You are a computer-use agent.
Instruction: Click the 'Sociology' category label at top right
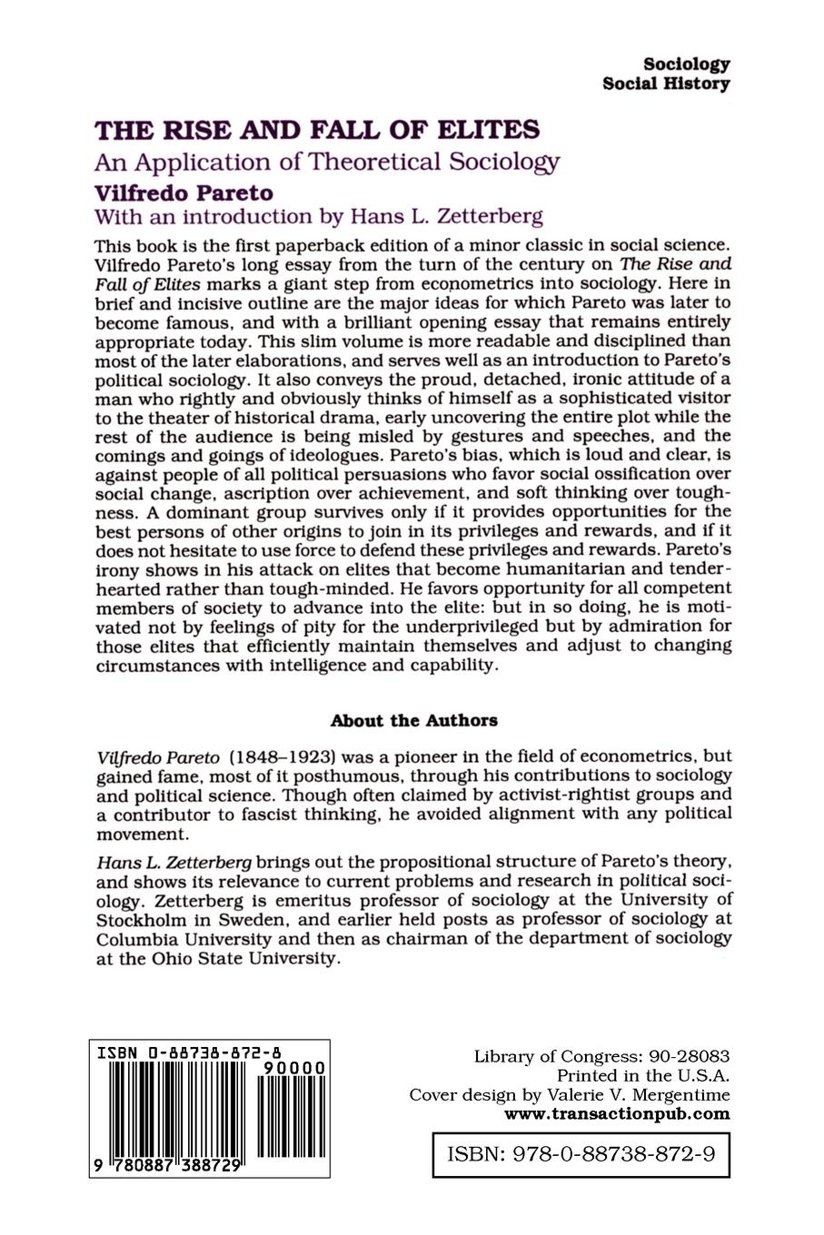click(x=686, y=64)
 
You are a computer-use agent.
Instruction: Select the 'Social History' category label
click(x=666, y=84)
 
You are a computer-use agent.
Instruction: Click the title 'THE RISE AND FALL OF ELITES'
click(x=317, y=131)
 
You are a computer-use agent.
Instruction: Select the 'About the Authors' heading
click(x=413, y=721)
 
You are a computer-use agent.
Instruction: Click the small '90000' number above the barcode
click(x=293, y=1071)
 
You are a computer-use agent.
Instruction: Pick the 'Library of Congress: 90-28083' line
click(x=601, y=1057)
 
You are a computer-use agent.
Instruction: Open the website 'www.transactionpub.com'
click(x=617, y=1114)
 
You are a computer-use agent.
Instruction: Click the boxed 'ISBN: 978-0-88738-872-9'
click(x=581, y=1154)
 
